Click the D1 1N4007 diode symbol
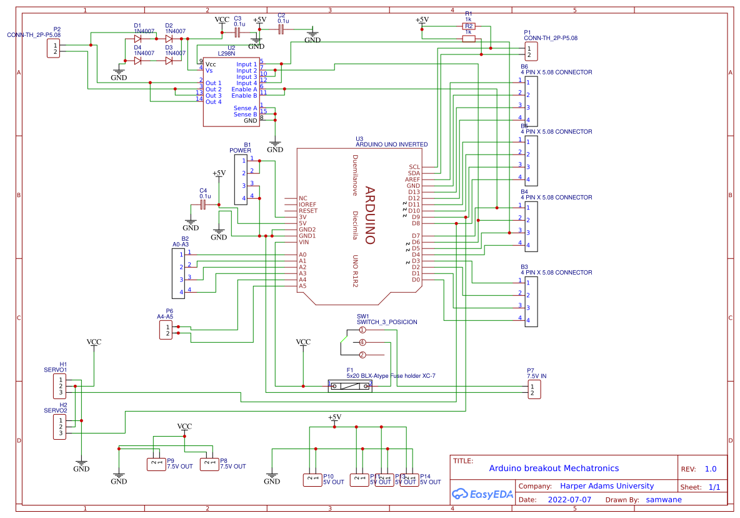point(137,39)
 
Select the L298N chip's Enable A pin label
point(244,89)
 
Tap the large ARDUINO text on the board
point(369,215)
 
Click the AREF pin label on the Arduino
point(412,180)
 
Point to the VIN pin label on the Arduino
point(304,242)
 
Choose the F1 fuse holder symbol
point(350,386)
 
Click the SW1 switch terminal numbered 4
point(362,342)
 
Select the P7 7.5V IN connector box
point(533,390)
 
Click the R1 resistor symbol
point(468,26)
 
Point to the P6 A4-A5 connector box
point(166,330)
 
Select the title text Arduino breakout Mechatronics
point(554,468)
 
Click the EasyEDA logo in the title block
point(482,494)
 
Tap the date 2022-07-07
point(569,500)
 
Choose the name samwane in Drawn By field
point(664,500)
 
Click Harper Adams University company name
point(607,486)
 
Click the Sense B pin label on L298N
point(245,114)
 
